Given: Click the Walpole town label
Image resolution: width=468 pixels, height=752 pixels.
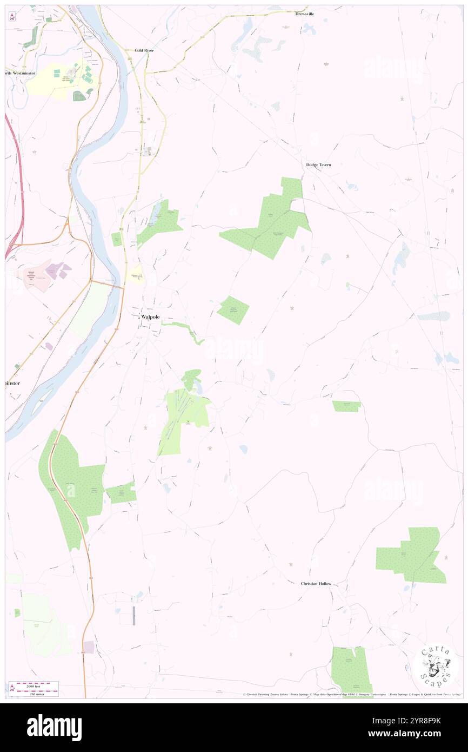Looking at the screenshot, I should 151,318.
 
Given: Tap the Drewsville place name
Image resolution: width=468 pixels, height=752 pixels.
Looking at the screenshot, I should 305,14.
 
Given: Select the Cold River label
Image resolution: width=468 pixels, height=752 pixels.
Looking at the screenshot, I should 144,50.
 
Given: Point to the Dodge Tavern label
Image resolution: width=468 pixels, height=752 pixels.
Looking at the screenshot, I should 318,164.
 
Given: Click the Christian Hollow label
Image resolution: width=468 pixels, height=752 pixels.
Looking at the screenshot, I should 316,584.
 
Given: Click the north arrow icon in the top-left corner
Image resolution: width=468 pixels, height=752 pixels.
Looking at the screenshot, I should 12,16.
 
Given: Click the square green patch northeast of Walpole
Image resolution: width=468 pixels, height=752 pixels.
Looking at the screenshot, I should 233,311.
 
